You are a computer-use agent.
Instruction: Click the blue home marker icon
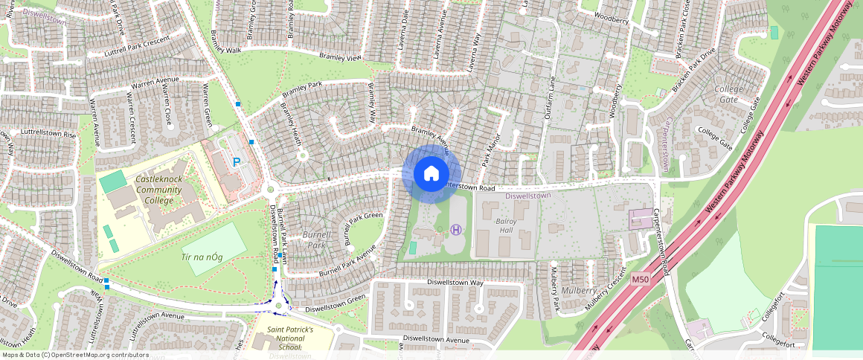click(431, 173)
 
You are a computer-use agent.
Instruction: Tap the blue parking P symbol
click(237, 161)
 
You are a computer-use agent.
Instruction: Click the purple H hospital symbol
click(456, 230)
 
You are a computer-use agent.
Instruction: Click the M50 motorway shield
click(641, 279)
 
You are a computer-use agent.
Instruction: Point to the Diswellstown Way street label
click(455, 283)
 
